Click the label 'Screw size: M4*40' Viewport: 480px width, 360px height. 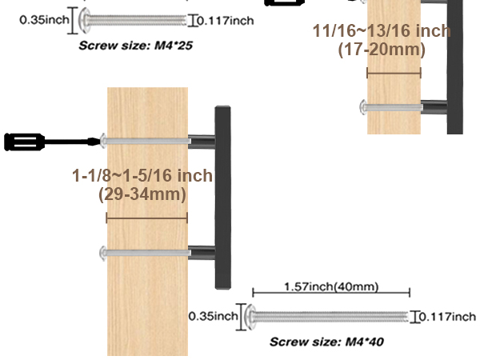(x=326, y=342)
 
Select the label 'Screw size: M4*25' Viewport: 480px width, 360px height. (x=135, y=46)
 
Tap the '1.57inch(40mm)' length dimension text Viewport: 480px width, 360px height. (x=331, y=286)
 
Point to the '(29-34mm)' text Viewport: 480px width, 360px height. (x=142, y=194)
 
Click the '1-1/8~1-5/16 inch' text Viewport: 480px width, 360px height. (x=142, y=176)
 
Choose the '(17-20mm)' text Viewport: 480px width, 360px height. (x=382, y=50)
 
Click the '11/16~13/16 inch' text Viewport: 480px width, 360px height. (x=382, y=31)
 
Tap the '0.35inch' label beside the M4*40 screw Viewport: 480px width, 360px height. (x=213, y=317)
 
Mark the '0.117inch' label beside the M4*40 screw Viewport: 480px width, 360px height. (x=447, y=317)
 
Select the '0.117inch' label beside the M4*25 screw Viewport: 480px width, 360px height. (x=225, y=20)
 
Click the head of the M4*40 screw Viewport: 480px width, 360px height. (x=249, y=317)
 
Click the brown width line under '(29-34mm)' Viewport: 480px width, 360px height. (x=146, y=218)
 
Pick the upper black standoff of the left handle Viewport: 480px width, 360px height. (x=201, y=142)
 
